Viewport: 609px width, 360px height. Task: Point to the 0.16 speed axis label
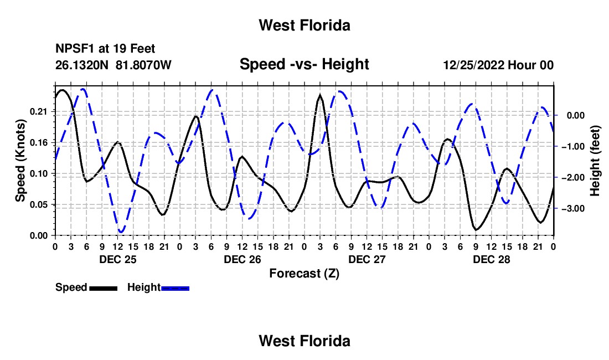[38, 143]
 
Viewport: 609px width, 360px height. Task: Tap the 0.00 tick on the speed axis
[38, 236]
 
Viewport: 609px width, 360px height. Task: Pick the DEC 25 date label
[118, 259]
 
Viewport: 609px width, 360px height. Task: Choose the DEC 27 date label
[367, 259]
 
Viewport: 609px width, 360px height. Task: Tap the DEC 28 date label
[491, 259]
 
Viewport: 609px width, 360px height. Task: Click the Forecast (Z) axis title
[304, 274]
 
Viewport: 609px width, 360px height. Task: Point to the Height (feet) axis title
[595, 161]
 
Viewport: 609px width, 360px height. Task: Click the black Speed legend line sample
[104, 288]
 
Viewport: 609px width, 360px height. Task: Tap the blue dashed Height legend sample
[175, 288]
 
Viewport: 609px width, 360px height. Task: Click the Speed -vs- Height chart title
[304, 64]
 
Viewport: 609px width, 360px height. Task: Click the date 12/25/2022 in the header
[474, 65]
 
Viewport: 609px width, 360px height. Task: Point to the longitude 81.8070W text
[143, 65]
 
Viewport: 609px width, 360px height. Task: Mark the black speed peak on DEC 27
[320, 95]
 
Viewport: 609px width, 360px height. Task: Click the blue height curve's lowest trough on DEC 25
[121, 232]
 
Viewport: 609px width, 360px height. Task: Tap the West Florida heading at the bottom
[304, 341]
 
